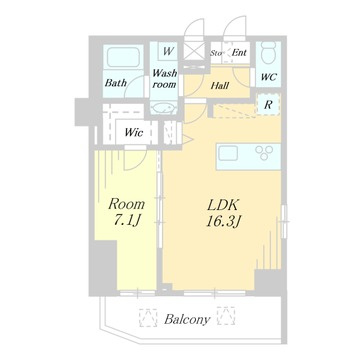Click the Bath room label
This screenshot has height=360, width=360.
pyautogui.click(x=116, y=82)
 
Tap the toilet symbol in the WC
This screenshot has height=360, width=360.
pyautogui.click(x=268, y=53)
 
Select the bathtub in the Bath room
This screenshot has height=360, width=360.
pyautogui.click(x=123, y=57)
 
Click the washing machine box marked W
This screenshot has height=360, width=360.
pyautogui.click(x=168, y=51)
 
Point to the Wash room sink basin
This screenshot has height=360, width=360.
pyautogui.click(x=163, y=108)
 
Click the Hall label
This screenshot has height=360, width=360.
pyautogui.click(x=220, y=86)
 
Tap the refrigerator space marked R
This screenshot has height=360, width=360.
pyautogui.click(x=268, y=105)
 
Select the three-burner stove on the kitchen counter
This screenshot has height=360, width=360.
pyautogui.click(x=264, y=152)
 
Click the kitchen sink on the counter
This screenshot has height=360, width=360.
pyautogui.click(x=228, y=153)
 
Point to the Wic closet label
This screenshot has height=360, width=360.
pyautogui.click(x=134, y=133)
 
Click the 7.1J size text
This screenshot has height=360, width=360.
pyautogui.click(x=125, y=220)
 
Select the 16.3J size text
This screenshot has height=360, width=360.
pyautogui.click(x=223, y=222)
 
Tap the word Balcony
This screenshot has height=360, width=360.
pyautogui.click(x=187, y=320)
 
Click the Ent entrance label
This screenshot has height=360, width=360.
pyautogui.click(x=239, y=52)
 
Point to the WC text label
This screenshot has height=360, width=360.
pyautogui.click(x=268, y=77)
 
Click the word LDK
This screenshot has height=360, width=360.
pyautogui.click(x=223, y=205)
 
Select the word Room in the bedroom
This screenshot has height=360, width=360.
pyautogui.click(x=127, y=204)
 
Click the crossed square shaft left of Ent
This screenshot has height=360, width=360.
pyautogui.click(x=193, y=52)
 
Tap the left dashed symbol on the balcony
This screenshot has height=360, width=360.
pyautogui.click(x=148, y=317)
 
